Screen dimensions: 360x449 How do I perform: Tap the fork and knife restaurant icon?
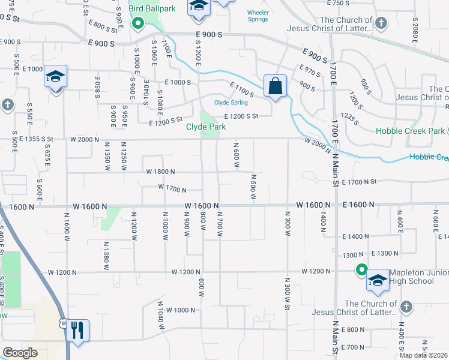[77, 329]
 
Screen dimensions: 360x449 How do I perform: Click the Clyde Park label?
[205, 127]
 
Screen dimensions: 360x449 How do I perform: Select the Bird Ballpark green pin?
[137, 24]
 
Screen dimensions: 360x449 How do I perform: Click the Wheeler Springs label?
[259, 16]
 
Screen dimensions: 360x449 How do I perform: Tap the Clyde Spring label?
[231, 103]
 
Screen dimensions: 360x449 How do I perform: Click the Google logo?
[20, 353]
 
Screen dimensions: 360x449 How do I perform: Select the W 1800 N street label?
[160, 172]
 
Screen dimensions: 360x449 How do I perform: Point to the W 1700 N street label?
[172, 188]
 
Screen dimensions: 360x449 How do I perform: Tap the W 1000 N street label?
[181, 310]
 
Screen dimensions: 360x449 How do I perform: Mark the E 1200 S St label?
[241, 116]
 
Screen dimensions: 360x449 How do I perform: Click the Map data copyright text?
[423, 355]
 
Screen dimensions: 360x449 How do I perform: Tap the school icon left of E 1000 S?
[55, 77]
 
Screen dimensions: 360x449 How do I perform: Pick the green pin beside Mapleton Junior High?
[361, 270]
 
